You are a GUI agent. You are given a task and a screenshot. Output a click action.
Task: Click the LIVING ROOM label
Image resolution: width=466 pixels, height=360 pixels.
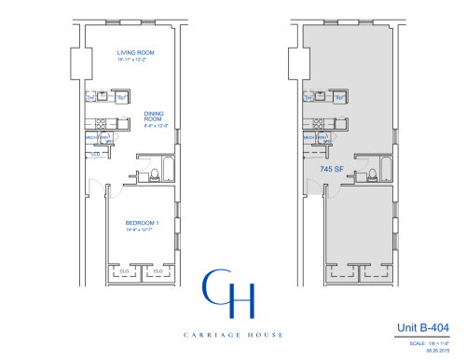[x=135, y=53]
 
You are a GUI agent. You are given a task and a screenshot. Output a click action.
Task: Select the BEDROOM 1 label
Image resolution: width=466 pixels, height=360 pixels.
[x=144, y=223]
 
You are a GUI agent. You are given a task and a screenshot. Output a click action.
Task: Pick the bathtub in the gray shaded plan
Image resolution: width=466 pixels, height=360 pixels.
[x=396, y=170]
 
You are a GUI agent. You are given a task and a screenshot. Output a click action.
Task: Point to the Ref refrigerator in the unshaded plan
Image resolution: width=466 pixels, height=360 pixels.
[x=122, y=95]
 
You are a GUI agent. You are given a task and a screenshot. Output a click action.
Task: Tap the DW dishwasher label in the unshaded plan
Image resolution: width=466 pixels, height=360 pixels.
[x=91, y=95]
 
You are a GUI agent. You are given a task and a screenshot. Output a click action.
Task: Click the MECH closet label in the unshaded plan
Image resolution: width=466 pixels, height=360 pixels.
[x=93, y=137]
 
